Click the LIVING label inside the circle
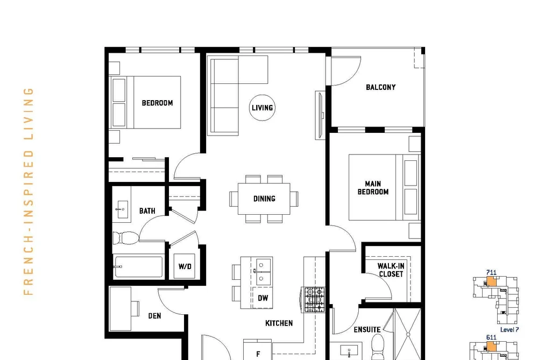(x=263, y=108)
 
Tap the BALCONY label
(x=380, y=87)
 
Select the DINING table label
(x=264, y=199)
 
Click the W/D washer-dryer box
(x=185, y=266)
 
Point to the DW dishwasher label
(x=263, y=298)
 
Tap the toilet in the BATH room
(x=126, y=238)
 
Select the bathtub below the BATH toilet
(x=138, y=266)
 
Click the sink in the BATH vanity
(x=122, y=209)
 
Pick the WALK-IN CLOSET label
(x=391, y=270)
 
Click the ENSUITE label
(x=367, y=329)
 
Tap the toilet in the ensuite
(x=378, y=347)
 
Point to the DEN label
(x=154, y=316)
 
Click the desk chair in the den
(x=135, y=308)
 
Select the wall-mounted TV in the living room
(x=320, y=115)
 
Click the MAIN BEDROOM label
(x=373, y=188)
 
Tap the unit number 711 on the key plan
(x=491, y=273)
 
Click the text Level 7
(x=509, y=329)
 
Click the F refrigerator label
(x=258, y=354)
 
